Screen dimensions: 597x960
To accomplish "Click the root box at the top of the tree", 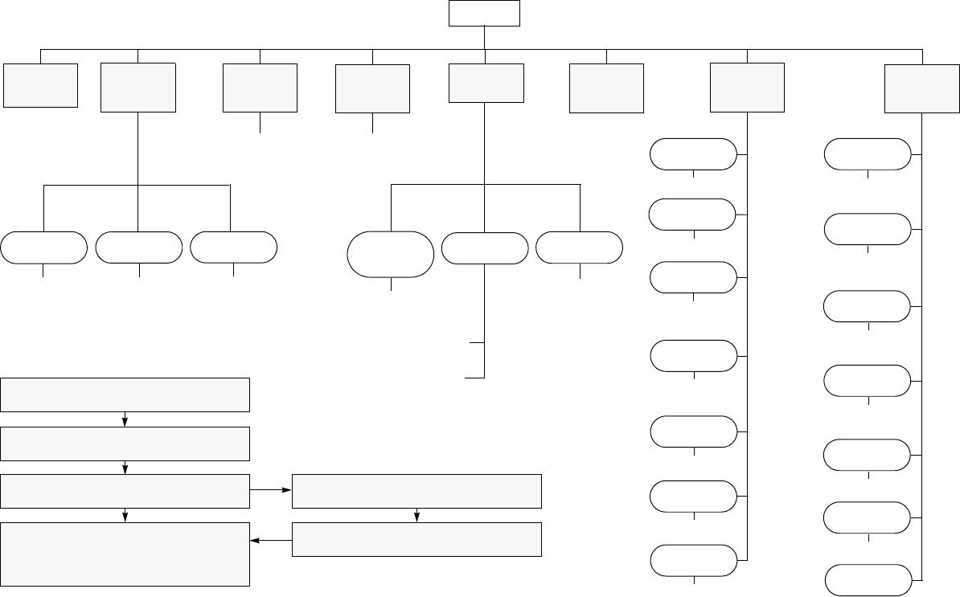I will tap(484, 14).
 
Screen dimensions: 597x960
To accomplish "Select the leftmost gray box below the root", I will tap(40, 85).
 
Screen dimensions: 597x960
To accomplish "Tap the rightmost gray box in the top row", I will tap(922, 89).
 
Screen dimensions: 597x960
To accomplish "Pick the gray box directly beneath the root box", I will tap(486, 83).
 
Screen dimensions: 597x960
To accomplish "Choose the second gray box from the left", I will tap(138, 88).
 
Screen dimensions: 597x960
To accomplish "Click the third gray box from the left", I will tap(260, 88).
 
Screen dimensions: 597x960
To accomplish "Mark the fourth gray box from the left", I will tap(372, 88).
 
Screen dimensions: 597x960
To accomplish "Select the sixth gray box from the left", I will tap(606, 88).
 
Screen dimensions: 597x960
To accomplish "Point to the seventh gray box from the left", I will tap(748, 88).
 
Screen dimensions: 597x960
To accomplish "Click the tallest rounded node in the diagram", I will tap(391, 255).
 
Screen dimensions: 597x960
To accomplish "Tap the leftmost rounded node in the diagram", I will tap(43, 247).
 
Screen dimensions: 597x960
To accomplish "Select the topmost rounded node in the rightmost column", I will tap(868, 154).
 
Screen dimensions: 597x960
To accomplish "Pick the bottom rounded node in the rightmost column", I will tap(868, 580).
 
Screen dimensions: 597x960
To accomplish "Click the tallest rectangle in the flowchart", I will tap(125, 554).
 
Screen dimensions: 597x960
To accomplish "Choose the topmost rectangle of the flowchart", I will tap(125, 394).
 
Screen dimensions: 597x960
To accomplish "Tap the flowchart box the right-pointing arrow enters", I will tap(416, 491).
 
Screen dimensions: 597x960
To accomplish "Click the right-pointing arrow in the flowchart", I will tap(270, 489).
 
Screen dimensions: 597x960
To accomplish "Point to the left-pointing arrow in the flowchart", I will tap(270, 541).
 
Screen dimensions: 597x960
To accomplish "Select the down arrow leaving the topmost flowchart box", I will tap(125, 419).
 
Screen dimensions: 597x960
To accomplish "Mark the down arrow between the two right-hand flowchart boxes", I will tap(416, 516).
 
